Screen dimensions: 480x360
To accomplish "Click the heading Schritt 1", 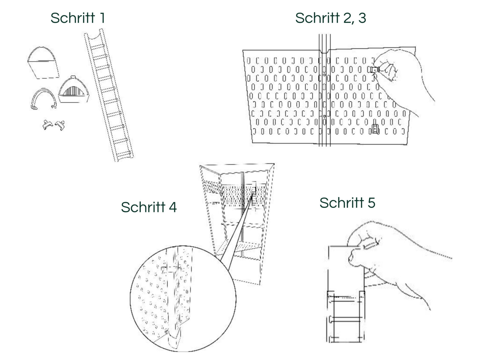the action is tap(78, 18).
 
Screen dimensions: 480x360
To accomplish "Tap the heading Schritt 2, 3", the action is tap(330, 18).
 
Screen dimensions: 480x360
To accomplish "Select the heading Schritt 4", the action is tap(149, 207).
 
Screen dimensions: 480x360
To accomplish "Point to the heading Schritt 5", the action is tap(347, 202).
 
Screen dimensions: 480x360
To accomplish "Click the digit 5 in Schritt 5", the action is tap(371, 203).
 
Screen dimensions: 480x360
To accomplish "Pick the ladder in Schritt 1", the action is tap(109, 95).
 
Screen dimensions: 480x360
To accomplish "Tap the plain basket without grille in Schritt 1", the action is tap(43, 62).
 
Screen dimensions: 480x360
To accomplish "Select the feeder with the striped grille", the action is tap(74, 89).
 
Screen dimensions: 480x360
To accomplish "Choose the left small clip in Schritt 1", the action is tap(48, 125).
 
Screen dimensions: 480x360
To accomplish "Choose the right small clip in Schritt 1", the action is tap(60, 125).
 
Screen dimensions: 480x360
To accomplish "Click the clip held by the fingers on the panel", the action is tap(374, 70).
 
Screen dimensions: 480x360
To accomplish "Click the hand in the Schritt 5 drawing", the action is tap(389, 258).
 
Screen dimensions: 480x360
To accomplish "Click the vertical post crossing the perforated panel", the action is tap(325, 90).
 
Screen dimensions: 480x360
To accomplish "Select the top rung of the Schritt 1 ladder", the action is tap(97, 46).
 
